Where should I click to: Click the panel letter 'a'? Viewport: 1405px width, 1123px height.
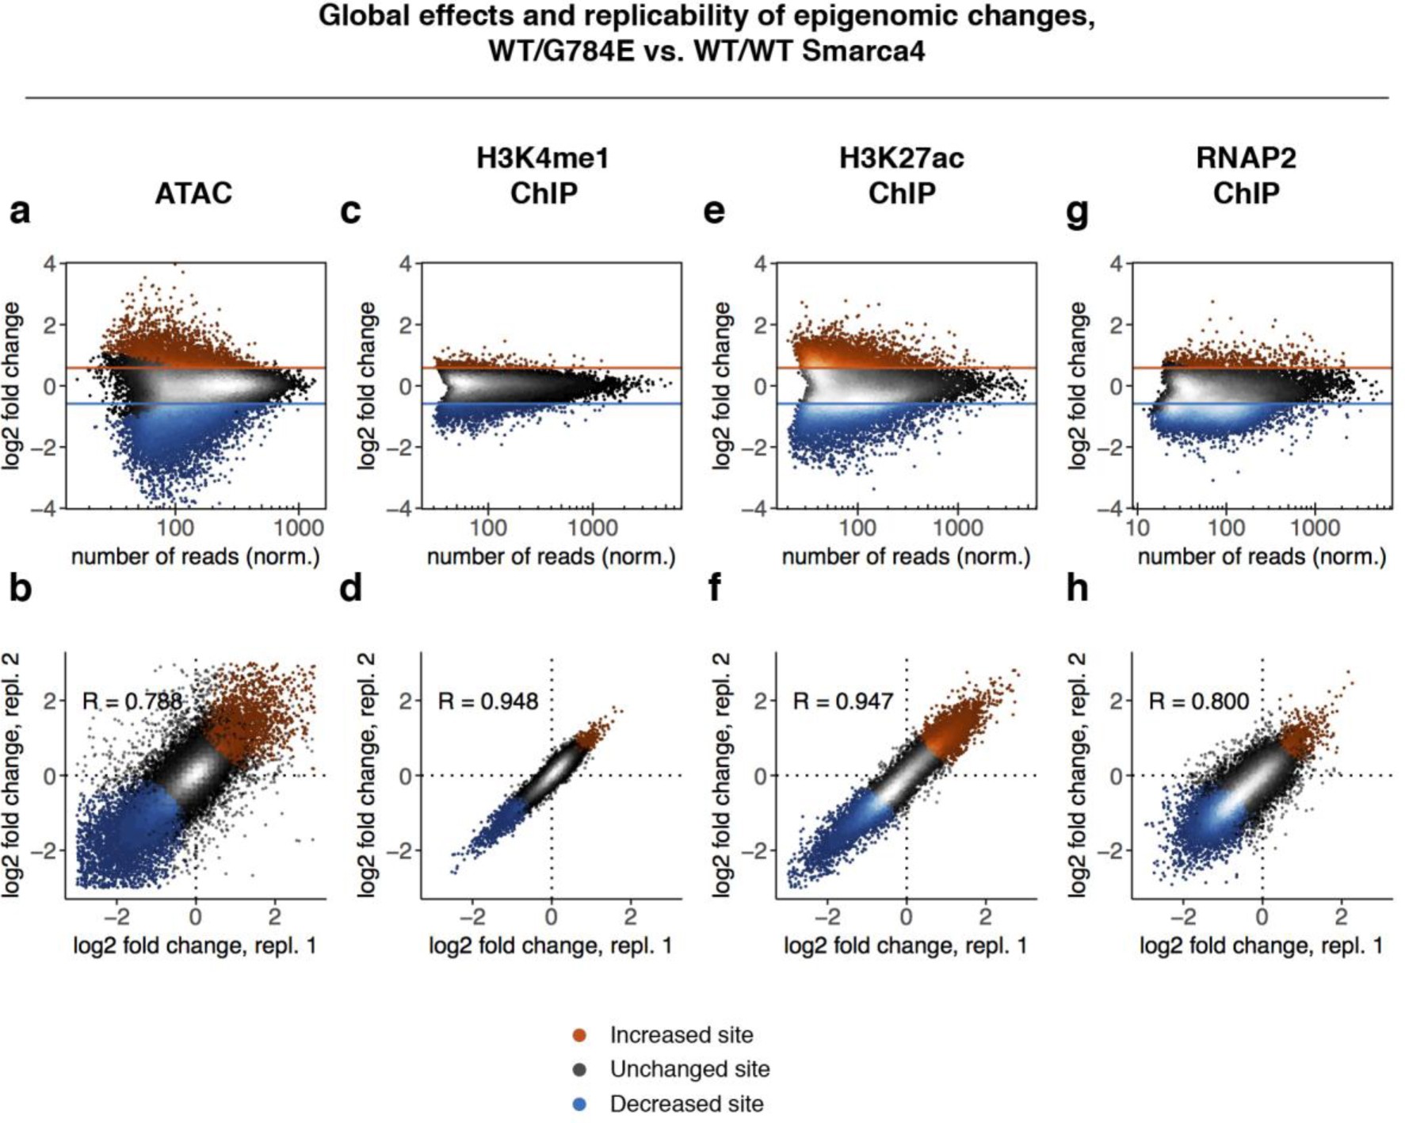tap(20, 212)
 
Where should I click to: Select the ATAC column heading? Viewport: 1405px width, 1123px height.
tap(193, 193)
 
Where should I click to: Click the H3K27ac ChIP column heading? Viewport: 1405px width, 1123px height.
tap(901, 175)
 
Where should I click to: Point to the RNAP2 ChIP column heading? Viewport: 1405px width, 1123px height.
tap(1246, 175)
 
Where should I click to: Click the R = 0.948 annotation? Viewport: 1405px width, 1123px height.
tap(487, 701)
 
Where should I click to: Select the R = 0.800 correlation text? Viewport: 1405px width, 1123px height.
tap(1198, 701)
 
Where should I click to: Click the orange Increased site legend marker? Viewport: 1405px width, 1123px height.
tap(579, 1035)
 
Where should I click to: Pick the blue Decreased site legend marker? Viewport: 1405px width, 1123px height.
tap(579, 1104)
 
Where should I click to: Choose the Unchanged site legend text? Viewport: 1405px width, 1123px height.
tap(689, 1069)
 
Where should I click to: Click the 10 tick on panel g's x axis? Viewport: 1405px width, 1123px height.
tap(1137, 528)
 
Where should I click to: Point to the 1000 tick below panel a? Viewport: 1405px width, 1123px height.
tap(299, 528)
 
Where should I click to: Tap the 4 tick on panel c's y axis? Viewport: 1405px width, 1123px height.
tap(406, 264)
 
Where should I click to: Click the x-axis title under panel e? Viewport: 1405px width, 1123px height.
tap(906, 557)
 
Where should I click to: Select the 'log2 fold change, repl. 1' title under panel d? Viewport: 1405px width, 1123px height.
tap(551, 945)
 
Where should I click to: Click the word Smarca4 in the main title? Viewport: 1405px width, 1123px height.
tap(863, 51)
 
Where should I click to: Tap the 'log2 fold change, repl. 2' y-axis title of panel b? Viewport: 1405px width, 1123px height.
tap(11, 775)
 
